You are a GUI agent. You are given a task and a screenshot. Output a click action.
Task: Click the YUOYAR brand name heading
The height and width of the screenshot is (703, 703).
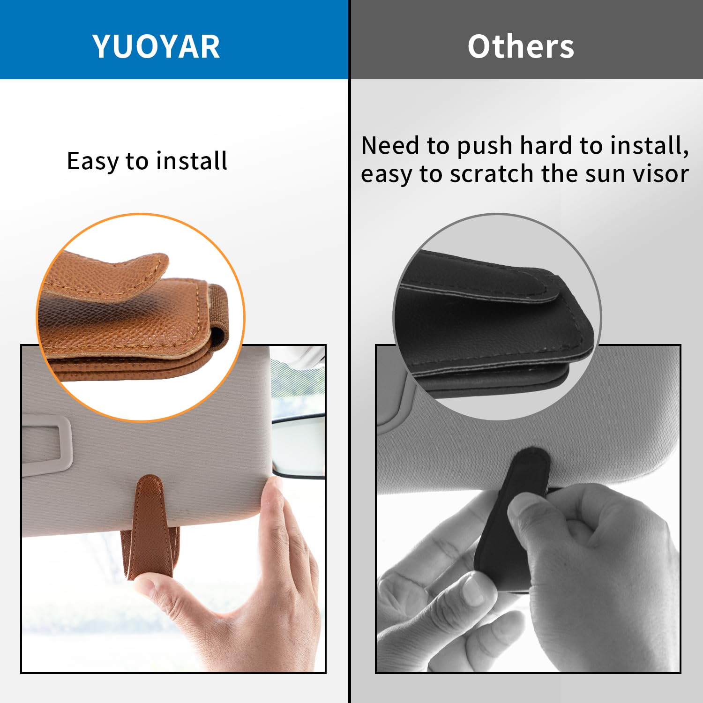(156, 46)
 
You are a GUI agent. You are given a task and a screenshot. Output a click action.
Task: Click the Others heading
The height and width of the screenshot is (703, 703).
(521, 46)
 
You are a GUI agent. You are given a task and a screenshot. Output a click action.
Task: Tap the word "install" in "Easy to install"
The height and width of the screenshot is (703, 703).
(192, 161)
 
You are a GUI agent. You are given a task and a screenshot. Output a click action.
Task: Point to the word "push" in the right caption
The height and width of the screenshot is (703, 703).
(485, 146)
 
